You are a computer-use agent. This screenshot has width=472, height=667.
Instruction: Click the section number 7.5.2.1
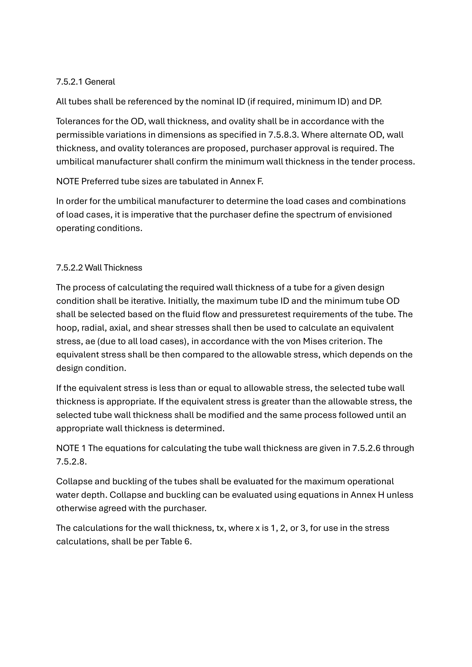[x=69, y=82]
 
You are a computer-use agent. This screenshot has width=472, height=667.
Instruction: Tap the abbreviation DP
[x=375, y=102]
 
